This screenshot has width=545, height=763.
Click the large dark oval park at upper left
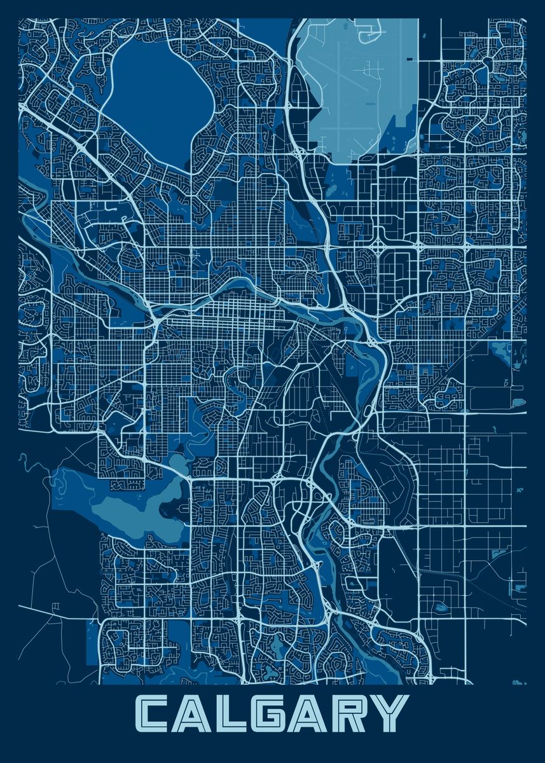(156, 95)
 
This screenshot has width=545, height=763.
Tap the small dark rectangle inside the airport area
(408, 58)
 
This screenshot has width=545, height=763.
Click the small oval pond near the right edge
(518, 402)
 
